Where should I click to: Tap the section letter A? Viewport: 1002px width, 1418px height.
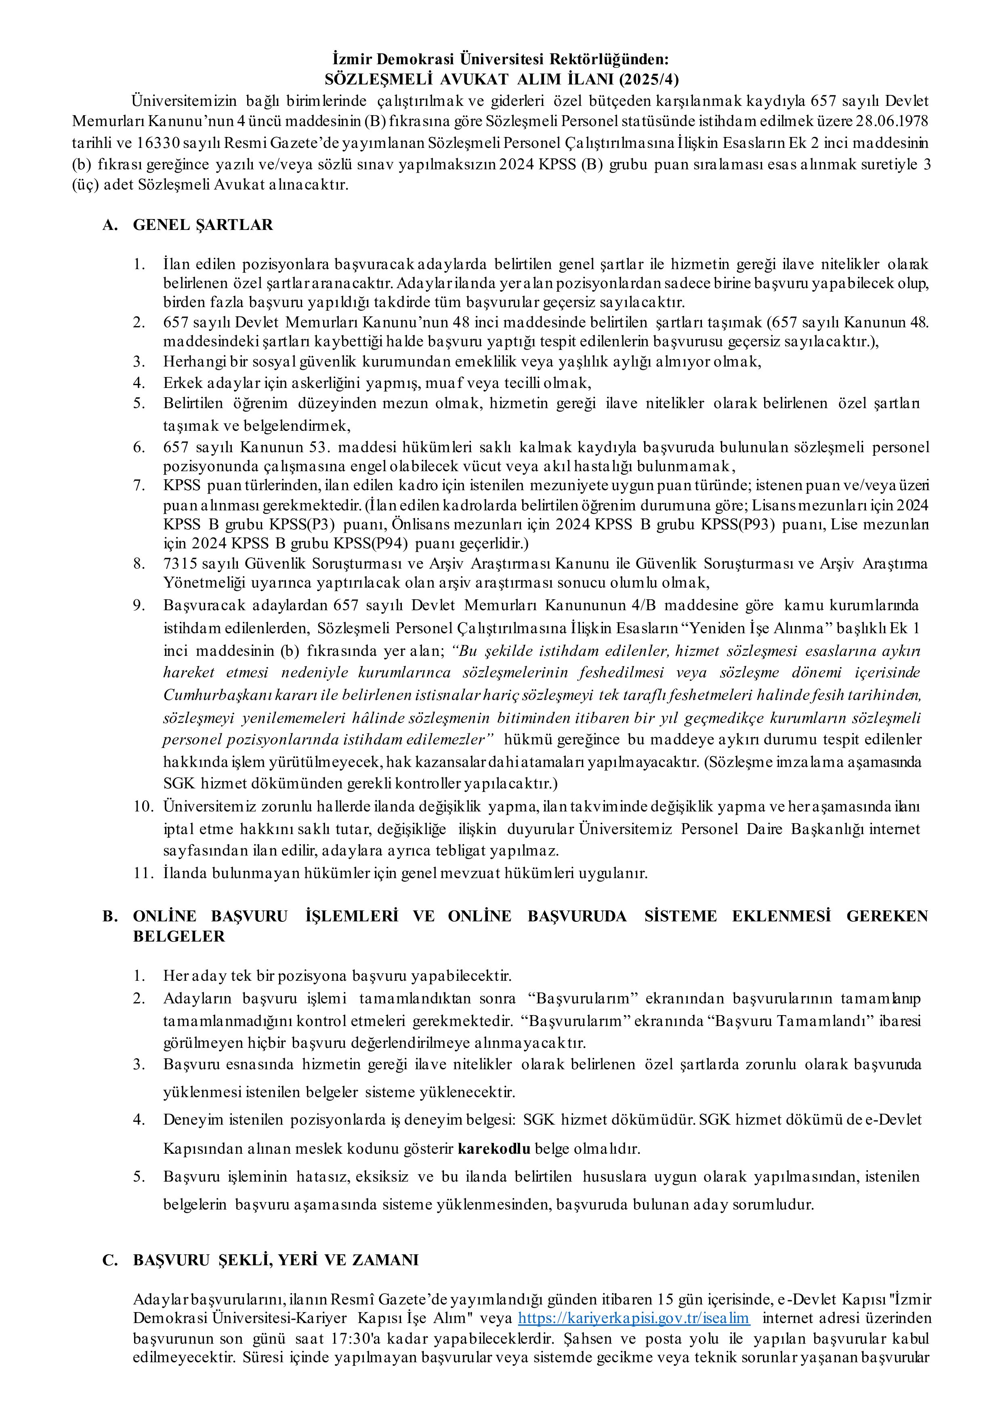pos(110,225)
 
